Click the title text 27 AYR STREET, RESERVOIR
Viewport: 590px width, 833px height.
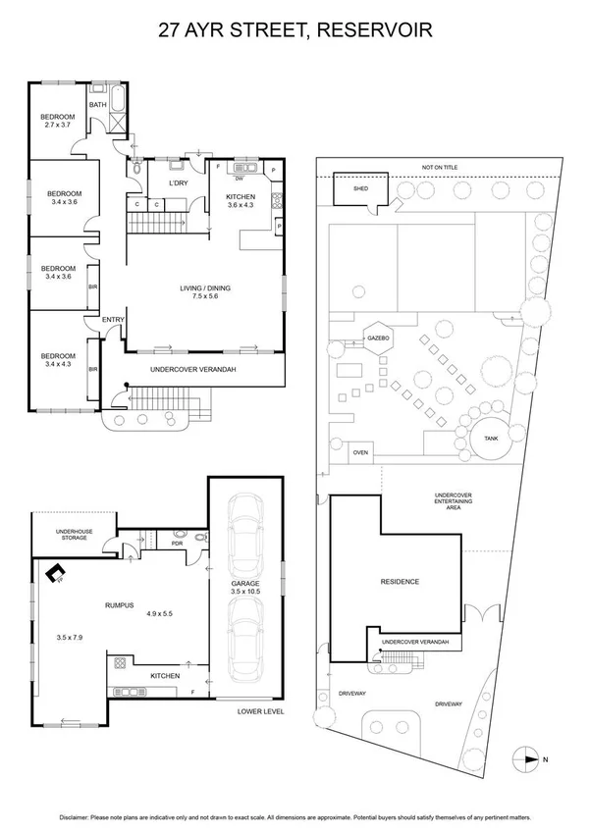coord(295,31)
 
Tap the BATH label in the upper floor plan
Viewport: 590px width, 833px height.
coord(98,104)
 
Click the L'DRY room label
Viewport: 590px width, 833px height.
coord(178,183)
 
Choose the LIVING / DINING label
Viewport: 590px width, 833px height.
coord(203,292)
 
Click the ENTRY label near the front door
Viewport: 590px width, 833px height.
coord(113,320)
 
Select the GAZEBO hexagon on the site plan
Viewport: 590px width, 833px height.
coord(380,337)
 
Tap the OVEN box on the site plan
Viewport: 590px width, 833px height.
coord(360,452)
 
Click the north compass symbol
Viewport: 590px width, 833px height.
coord(528,757)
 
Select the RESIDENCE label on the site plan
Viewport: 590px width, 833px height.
coord(400,582)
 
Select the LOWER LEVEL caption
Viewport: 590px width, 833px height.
coord(261,710)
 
